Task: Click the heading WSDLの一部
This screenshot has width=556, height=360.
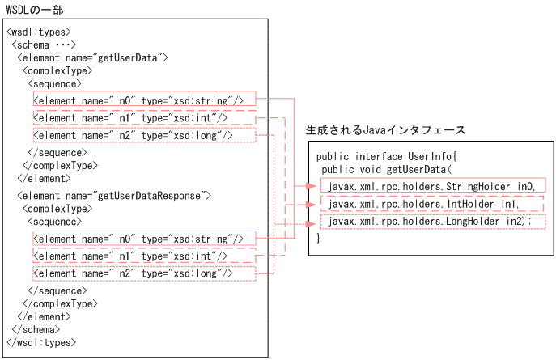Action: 34,9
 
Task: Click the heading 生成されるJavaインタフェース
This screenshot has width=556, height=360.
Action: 385,130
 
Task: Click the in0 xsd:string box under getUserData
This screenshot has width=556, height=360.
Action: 144,100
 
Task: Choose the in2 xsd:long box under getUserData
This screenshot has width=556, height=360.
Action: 144,135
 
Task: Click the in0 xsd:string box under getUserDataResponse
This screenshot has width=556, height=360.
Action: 144,238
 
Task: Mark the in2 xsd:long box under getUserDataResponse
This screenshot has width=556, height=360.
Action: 144,274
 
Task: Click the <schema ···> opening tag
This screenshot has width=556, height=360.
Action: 44,44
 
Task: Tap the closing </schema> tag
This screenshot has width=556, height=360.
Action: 36,330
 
